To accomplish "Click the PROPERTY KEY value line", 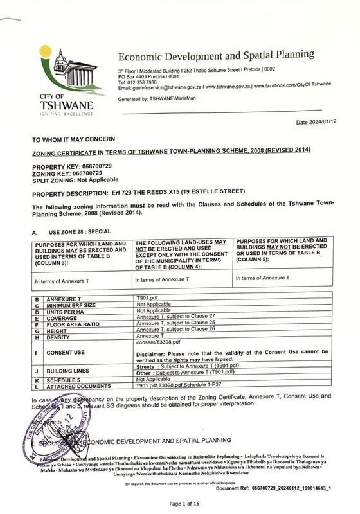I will tap(73, 166).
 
